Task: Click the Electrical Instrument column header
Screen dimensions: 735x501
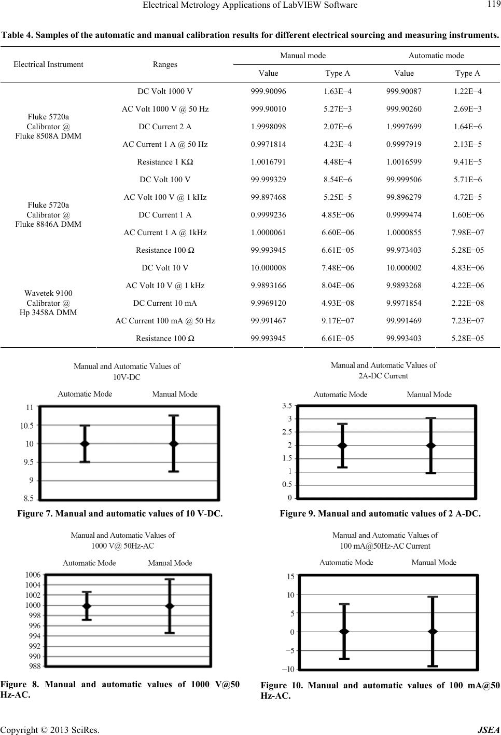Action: pos(48,64)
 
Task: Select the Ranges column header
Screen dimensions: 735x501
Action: pos(165,64)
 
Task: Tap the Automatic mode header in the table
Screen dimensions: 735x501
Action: pos(436,56)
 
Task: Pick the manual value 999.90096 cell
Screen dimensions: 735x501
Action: pos(268,91)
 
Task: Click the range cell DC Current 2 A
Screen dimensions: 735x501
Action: pos(165,127)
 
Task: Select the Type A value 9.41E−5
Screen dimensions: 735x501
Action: pos(467,162)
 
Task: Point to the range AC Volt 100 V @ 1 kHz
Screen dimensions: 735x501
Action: pos(165,197)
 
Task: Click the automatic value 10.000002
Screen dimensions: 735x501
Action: pos(404,268)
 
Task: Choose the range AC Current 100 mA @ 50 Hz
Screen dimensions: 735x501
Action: pos(165,321)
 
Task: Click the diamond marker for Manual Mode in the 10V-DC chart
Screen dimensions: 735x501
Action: pos(174,444)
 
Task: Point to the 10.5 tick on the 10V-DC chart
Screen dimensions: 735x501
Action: pos(26,426)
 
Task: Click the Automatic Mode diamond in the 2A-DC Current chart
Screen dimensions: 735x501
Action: pos(342,445)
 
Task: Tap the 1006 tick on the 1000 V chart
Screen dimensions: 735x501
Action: pos(33,575)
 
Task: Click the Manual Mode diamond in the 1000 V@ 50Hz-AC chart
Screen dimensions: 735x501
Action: pos(170,606)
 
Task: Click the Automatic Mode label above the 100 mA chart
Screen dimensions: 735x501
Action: pos(346,562)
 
